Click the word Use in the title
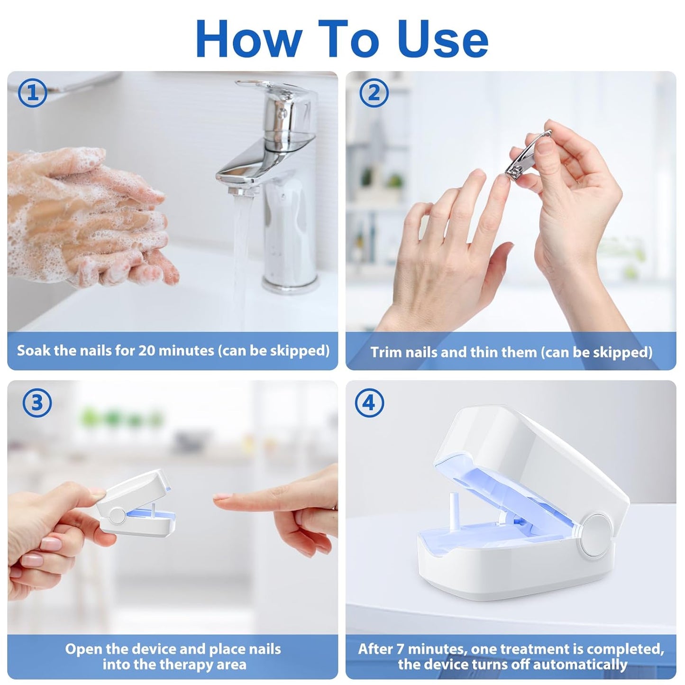tap(443, 39)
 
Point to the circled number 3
tap(37, 403)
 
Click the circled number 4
tap(369, 403)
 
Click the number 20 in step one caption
tap(146, 351)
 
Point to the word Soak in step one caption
tap(32, 351)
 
